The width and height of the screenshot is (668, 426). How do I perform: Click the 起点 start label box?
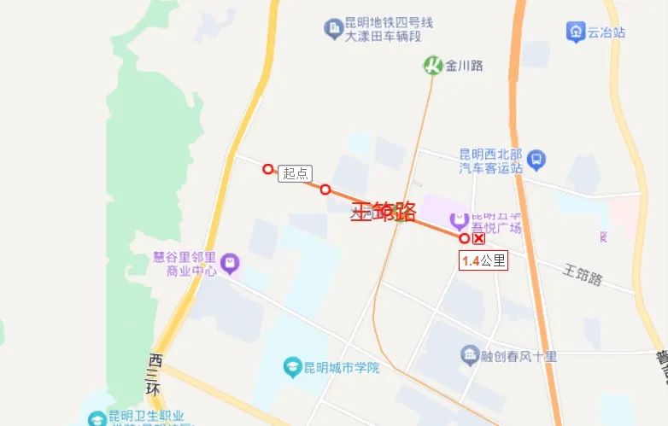(x=295, y=173)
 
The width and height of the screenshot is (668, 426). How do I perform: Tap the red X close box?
(x=479, y=239)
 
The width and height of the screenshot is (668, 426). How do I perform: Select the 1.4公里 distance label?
(x=483, y=261)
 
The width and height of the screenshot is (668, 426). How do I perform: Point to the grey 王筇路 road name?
(x=583, y=275)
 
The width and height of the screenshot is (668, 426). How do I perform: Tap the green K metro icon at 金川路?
(x=433, y=65)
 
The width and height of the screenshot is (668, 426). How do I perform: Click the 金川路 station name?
(x=465, y=65)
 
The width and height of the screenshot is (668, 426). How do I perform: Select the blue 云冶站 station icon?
(x=576, y=32)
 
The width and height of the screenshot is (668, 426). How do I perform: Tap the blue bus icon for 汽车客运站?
(x=536, y=158)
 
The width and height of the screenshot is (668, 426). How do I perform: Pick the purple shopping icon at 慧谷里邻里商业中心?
(x=229, y=264)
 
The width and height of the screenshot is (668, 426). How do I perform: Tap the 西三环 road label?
(x=155, y=372)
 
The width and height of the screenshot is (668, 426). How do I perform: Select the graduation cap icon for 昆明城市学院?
(x=290, y=368)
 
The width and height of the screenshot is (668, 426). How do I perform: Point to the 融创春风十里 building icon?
(x=469, y=354)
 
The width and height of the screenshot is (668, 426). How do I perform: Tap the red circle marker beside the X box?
(x=465, y=238)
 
